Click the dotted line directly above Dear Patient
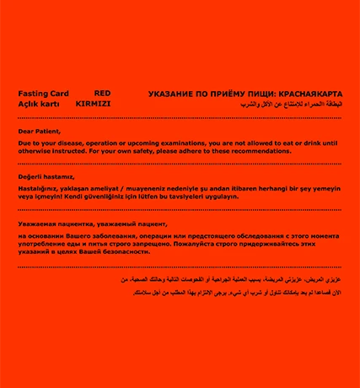pyautogui.click(x=179, y=119)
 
